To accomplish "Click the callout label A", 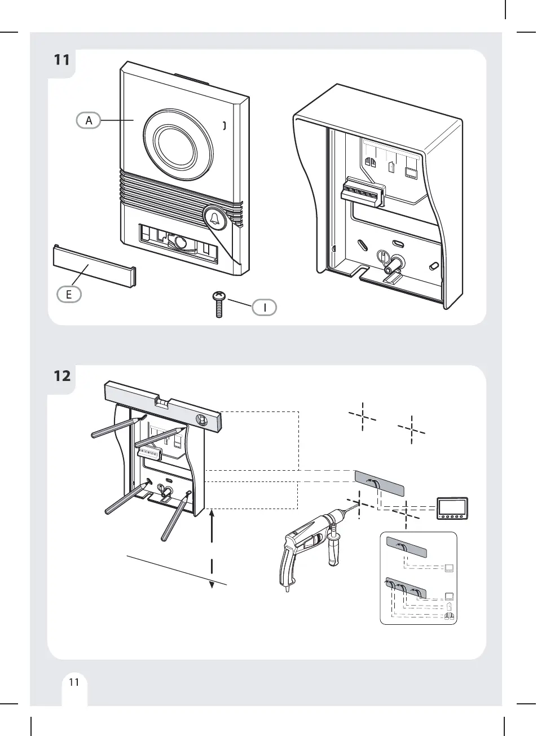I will click(x=89, y=120).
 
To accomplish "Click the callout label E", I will click(x=68, y=293).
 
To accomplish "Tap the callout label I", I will click(x=265, y=308).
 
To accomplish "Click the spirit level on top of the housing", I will click(x=164, y=407).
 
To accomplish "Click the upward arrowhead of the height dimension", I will click(x=212, y=513).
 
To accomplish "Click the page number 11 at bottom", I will click(x=73, y=682).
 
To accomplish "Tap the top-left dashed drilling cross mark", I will click(x=362, y=417).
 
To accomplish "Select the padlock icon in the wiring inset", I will click(x=450, y=607).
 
